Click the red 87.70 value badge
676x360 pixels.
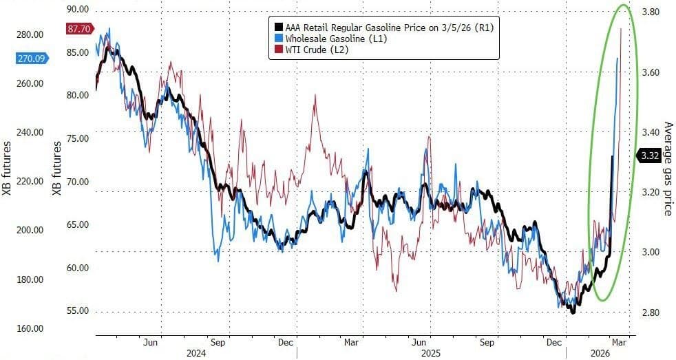(76, 29)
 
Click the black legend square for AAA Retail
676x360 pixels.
(274, 27)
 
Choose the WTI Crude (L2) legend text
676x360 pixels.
(311, 49)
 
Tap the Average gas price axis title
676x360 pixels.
(666, 169)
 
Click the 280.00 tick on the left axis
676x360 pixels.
(30, 34)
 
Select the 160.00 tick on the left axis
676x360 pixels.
(30, 329)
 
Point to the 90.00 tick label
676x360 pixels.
(76, 10)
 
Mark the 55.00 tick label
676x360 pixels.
(76, 310)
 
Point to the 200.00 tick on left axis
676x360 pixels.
(30, 231)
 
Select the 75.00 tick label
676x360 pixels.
(76, 138)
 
